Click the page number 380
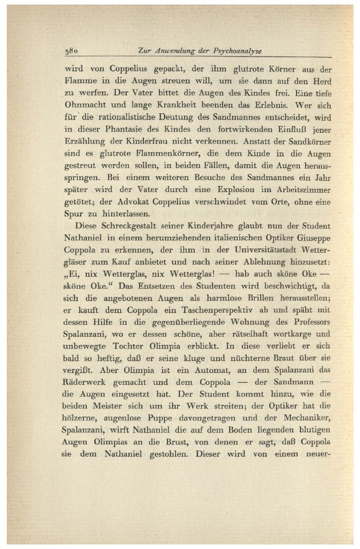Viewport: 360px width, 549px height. click(x=71, y=51)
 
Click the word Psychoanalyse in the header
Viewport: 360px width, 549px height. click(x=237, y=51)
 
